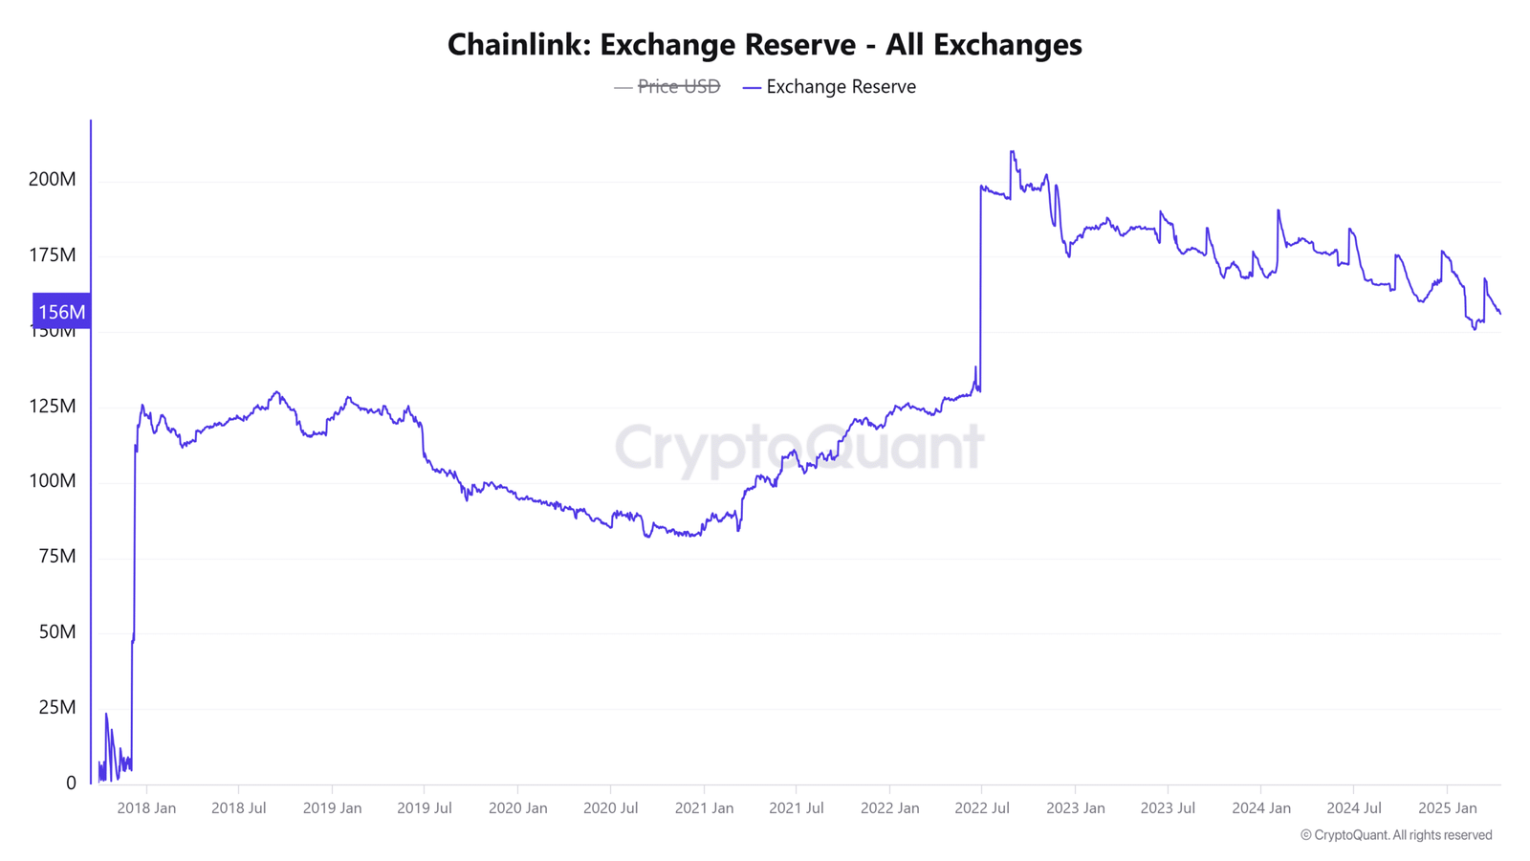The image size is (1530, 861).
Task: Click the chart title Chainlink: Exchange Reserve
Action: tap(764, 45)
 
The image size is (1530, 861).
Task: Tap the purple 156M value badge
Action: tap(62, 312)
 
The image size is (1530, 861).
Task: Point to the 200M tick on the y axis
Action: tap(53, 180)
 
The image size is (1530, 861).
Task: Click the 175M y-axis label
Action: tap(53, 255)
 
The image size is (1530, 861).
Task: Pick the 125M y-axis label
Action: tap(53, 407)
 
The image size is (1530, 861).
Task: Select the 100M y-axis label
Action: tap(53, 481)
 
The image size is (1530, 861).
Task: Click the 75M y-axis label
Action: tap(56, 557)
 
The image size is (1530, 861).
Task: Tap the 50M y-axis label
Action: tap(56, 632)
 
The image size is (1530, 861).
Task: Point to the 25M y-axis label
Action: tap(56, 708)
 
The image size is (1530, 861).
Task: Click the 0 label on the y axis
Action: tap(71, 784)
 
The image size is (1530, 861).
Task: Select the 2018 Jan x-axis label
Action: tap(146, 808)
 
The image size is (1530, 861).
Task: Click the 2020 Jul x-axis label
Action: tap(610, 808)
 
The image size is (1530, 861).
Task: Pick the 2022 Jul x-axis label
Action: tap(982, 808)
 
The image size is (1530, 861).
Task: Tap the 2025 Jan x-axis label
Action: tap(1447, 808)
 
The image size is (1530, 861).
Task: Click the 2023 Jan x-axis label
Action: tap(1075, 808)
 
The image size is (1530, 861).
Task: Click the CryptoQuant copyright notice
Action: tap(1396, 835)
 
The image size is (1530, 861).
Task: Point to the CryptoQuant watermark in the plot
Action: tap(798, 447)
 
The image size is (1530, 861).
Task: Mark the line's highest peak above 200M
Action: tap(1012, 152)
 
